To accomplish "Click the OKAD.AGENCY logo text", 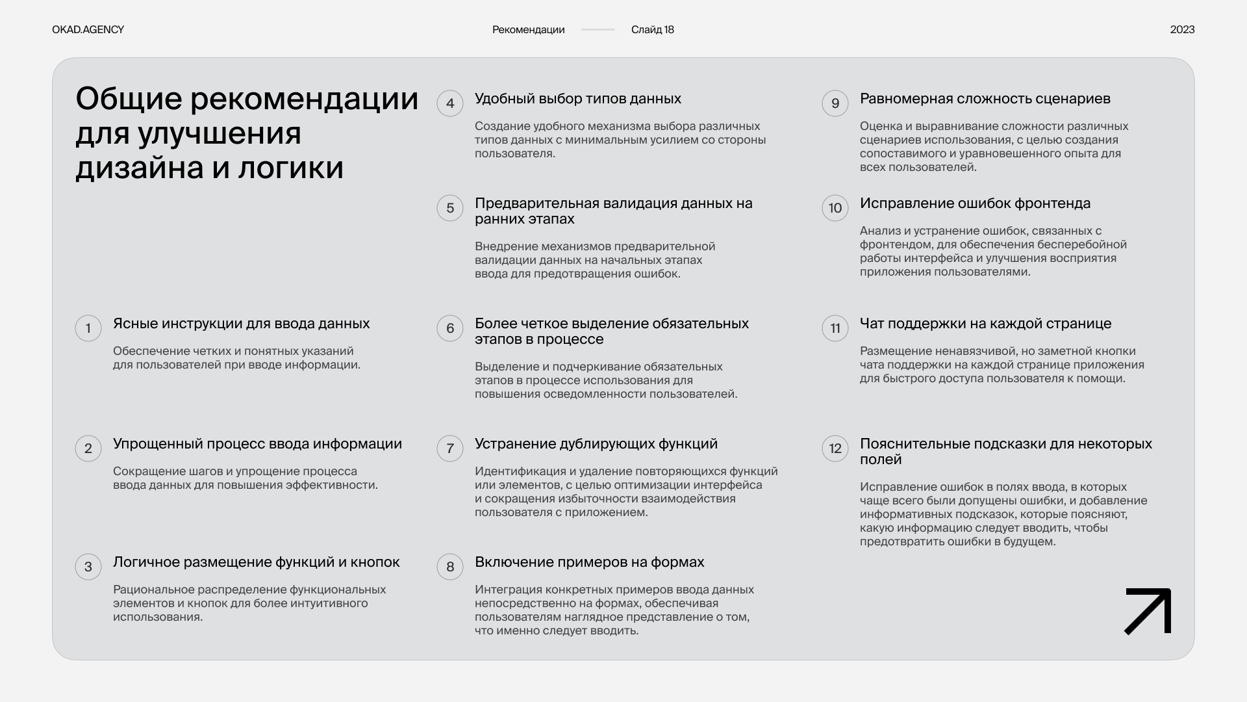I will click(x=88, y=30).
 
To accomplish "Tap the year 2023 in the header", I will click(x=1182, y=30).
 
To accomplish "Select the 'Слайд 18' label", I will click(x=652, y=30).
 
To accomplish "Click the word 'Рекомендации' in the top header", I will click(x=528, y=30).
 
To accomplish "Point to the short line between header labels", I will click(x=598, y=30).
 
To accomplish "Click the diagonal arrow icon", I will click(x=1148, y=611).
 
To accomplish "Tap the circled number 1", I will click(x=88, y=328).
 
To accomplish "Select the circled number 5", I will click(x=450, y=208).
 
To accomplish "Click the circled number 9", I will click(x=835, y=103).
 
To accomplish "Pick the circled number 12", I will click(x=835, y=448).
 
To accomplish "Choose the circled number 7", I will click(x=450, y=448).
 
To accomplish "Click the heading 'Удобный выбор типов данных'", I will click(x=577, y=99).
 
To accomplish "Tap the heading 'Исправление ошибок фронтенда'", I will click(x=975, y=203).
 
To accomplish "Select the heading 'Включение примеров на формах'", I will click(x=589, y=562).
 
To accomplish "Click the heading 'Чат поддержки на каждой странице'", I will click(x=985, y=324).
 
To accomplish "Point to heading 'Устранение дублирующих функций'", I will click(x=596, y=444).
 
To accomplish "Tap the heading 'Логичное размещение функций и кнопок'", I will click(x=256, y=562).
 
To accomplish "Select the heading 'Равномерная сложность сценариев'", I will click(x=985, y=99).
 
